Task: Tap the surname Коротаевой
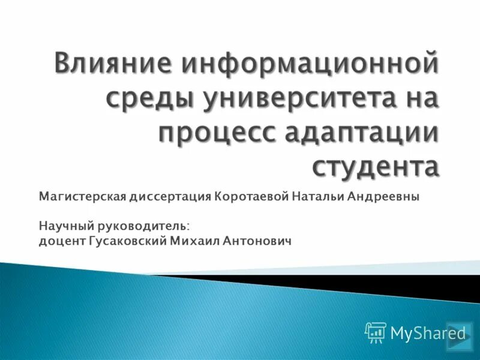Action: click(251, 197)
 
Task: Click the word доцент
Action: click(58, 241)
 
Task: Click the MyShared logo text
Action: click(428, 332)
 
